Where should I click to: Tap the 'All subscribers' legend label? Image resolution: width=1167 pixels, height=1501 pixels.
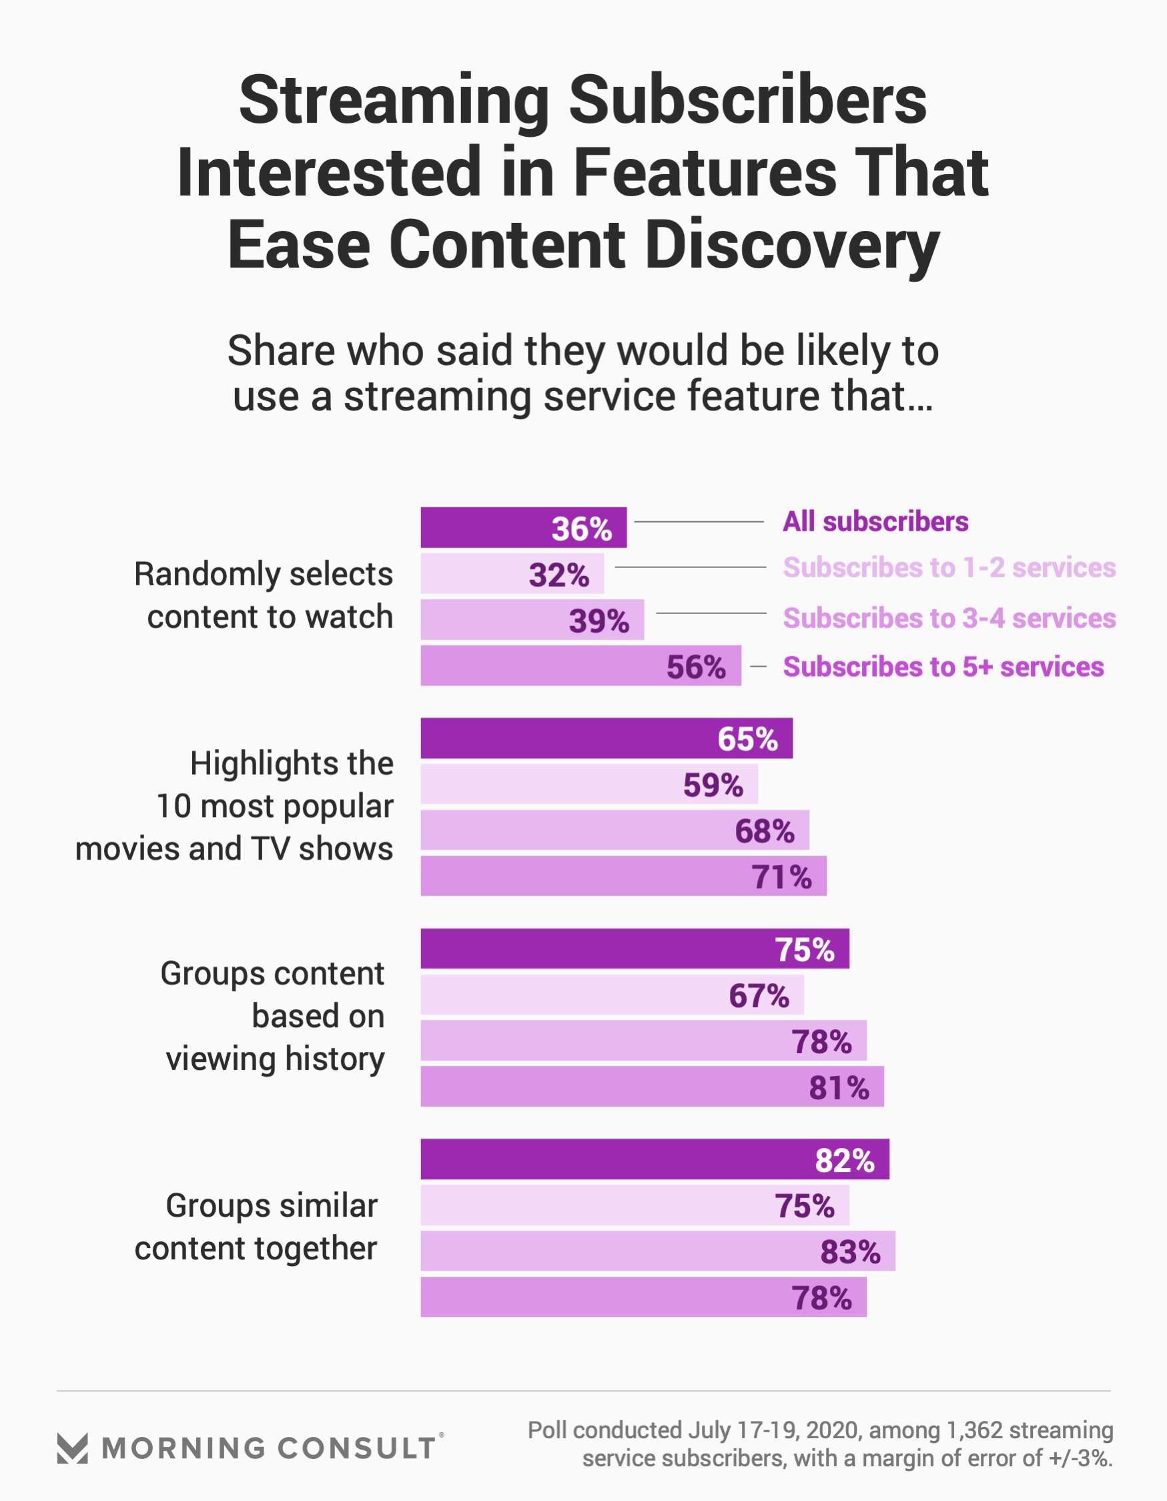tap(875, 522)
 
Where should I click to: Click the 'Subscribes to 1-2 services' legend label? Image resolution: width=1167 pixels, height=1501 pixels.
tap(948, 568)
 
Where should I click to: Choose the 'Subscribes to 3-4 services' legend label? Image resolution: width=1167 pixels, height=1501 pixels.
tap(948, 619)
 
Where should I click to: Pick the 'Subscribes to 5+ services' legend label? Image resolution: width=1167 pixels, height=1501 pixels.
tap(943, 667)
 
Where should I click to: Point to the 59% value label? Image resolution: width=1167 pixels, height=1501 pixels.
tap(713, 785)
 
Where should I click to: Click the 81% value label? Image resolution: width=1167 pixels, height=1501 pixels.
tap(839, 1087)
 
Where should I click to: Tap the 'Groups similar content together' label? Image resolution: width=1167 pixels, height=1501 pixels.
tap(256, 1227)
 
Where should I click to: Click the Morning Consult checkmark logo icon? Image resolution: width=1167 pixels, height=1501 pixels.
tap(72, 1448)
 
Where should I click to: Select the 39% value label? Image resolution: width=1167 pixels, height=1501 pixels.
tap(599, 621)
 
